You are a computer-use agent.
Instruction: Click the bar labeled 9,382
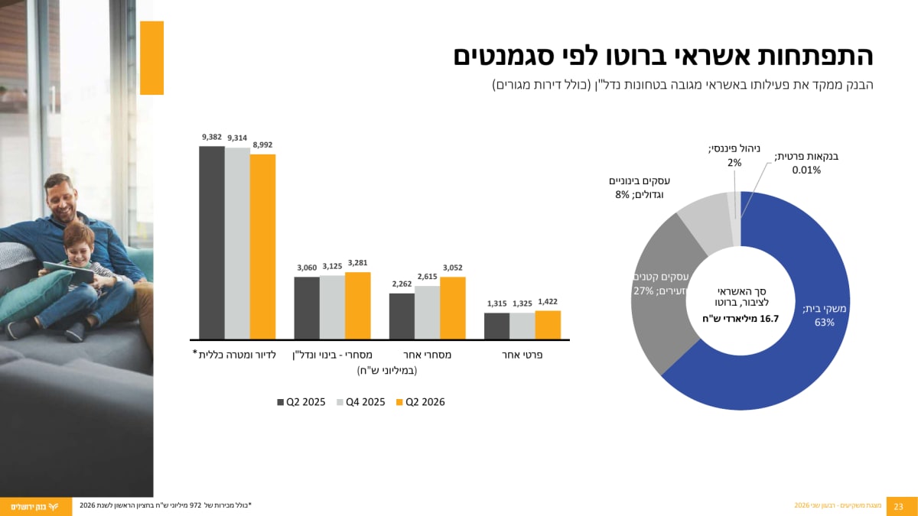[x=212, y=243]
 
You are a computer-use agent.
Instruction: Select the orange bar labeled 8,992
[x=262, y=247]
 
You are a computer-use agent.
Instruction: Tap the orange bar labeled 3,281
[x=358, y=306]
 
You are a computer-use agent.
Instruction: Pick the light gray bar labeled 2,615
[x=428, y=313]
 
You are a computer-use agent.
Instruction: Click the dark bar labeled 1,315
[x=496, y=326]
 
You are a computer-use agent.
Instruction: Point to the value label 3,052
[x=452, y=268]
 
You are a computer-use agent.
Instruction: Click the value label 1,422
[x=548, y=302]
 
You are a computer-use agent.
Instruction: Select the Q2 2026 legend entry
[x=421, y=402]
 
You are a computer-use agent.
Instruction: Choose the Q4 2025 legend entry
[x=360, y=402]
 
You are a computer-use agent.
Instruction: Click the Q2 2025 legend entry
[x=301, y=402]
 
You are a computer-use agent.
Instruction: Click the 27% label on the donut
[x=643, y=291]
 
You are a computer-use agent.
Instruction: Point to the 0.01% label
[x=806, y=170]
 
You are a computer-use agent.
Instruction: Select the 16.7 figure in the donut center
[x=770, y=319]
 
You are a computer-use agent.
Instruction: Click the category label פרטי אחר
[x=522, y=355]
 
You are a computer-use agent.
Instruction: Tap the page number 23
[x=898, y=507]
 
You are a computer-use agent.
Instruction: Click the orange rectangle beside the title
[x=151, y=58]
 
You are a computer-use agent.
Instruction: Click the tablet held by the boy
[x=69, y=272]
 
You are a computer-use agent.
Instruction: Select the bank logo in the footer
[x=35, y=507]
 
